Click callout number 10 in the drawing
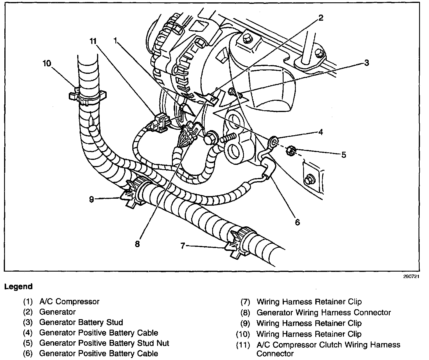47,64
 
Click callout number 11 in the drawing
93,41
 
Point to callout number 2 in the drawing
321,18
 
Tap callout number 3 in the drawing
367,62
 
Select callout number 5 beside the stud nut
344,155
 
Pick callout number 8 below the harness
137,244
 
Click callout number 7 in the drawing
183,246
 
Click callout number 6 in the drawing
297,222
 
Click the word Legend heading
18,286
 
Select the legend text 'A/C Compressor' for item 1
69,301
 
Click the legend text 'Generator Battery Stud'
81,322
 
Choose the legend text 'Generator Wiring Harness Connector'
323,312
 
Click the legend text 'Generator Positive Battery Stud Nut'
104,343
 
